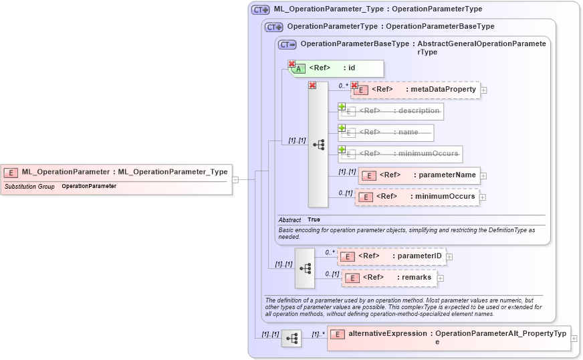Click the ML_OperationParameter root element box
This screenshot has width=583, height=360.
117,172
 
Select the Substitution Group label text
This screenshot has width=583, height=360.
29,186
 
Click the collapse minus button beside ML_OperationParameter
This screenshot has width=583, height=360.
235,179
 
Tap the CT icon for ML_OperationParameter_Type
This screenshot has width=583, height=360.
260,10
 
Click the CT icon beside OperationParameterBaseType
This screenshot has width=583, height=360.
287,45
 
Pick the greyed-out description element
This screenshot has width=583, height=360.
390,111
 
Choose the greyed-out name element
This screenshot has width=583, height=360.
386,132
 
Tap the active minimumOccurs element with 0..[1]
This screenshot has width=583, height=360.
417,197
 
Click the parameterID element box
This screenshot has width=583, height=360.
391,256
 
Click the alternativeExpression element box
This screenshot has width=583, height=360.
448,337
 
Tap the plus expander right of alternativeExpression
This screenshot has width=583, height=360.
574,339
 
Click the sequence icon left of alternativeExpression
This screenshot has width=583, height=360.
291,339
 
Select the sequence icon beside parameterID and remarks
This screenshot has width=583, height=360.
305,268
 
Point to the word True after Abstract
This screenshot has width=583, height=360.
314,219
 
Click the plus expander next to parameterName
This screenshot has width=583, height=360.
483,176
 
